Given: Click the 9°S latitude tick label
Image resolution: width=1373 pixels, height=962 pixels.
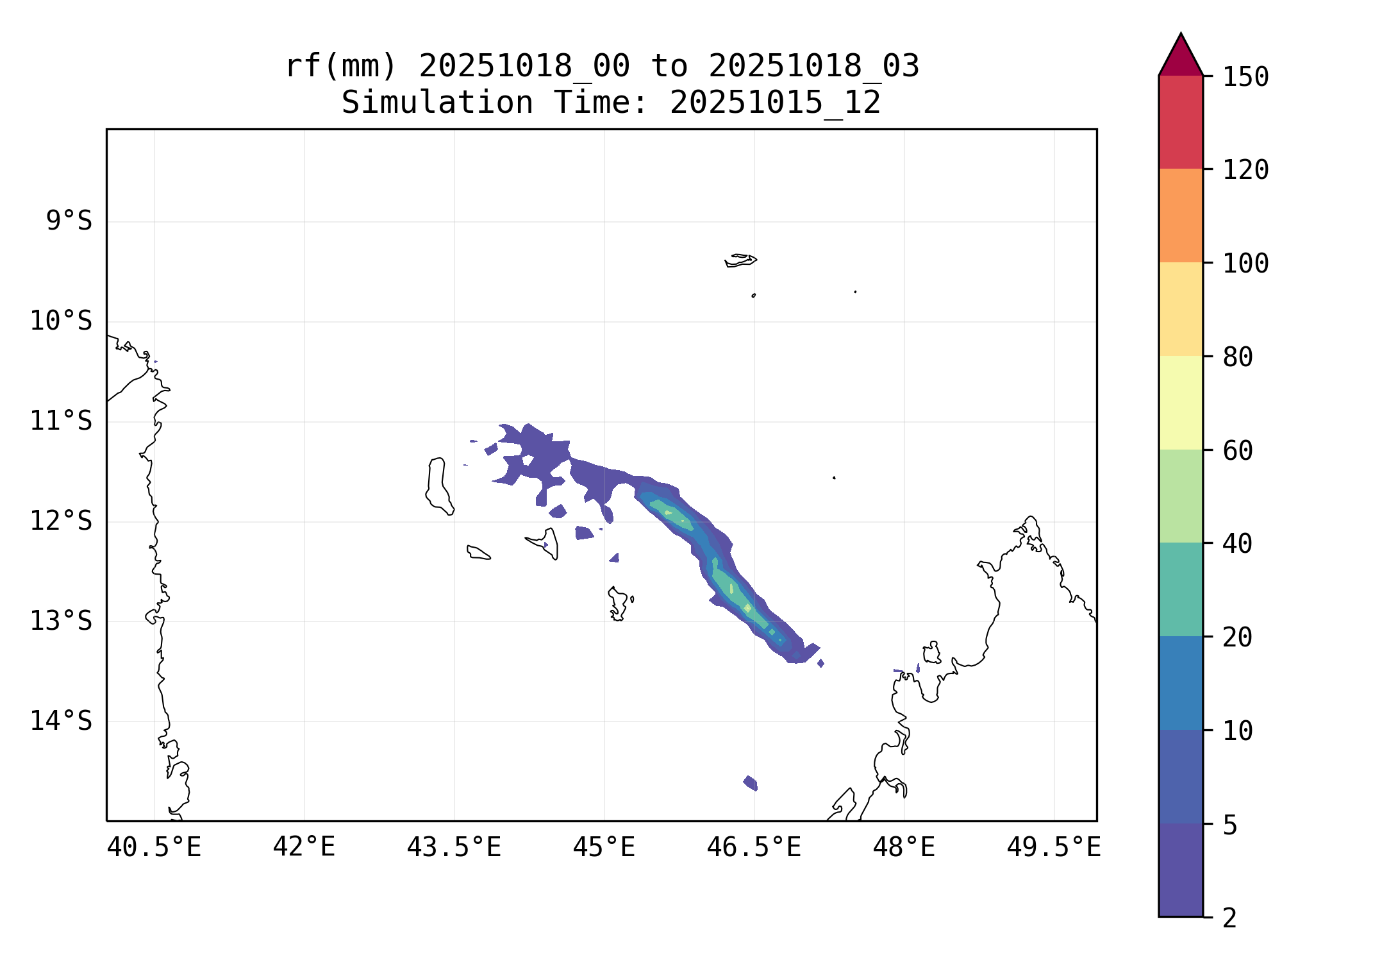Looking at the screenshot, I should click(x=69, y=221).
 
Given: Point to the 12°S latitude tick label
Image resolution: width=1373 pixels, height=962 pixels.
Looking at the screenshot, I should click(x=61, y=521).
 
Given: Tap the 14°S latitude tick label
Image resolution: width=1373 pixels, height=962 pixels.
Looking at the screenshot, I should click(x=61, y=721).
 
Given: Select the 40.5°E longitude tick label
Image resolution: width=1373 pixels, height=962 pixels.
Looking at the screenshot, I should click(x=154, y=848).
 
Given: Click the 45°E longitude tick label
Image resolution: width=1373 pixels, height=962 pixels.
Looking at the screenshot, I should click(x=604, y=848).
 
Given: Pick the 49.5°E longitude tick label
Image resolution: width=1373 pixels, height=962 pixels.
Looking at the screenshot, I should click(x=1054, y=848).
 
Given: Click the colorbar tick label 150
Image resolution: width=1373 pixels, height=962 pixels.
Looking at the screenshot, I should click(x=1245, y=77).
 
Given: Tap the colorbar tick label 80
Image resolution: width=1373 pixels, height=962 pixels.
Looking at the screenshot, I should click(x=1238, y=357).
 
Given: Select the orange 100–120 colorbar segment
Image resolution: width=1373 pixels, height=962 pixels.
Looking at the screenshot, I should click(x=1181, y=215).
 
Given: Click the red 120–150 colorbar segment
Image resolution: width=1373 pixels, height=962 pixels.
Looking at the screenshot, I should click(x=1181, y=122).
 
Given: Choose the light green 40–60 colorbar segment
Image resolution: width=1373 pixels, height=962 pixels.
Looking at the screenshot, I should click(x=1181, y=496).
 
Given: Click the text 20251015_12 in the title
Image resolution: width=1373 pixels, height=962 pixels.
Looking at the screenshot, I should click(x=775, y=103).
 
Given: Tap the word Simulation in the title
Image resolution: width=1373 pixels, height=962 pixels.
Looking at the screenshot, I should click(x=437, y=103).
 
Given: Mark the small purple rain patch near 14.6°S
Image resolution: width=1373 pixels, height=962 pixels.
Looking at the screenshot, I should click(x=751, y=783).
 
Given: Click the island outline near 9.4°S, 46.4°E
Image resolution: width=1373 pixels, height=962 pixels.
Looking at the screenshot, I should click(x=740, y=260).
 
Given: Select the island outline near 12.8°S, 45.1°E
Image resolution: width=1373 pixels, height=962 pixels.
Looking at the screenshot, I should click(x=618, y=603).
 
